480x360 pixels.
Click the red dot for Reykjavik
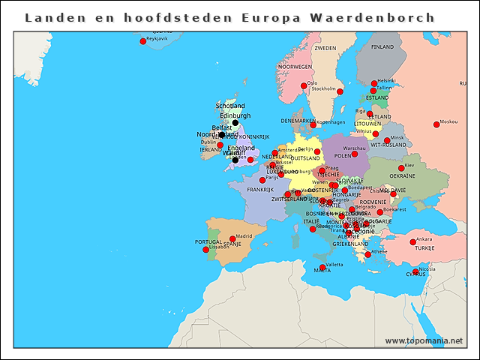(x=142, y=41)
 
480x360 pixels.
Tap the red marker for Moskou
(x=436, y=124)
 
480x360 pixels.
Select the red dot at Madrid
(x=232, y=239)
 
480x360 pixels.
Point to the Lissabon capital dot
(x=206, y=250)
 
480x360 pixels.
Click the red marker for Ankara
(x=412, y=241)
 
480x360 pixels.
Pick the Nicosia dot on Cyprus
(x=415, y=271)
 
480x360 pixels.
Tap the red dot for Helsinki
(x=374, y=83)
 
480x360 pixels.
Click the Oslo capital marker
(x=304, y=86)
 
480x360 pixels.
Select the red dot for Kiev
(x=401, y=168)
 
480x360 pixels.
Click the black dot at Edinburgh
(x=235, y=123)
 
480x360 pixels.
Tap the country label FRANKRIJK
(x=259, y=190)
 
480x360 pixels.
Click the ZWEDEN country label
(x=325, y=48)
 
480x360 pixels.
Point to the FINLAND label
(x=382, y=46)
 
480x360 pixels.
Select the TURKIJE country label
(x=424, y=248)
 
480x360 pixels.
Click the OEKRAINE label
(x=402, y=176)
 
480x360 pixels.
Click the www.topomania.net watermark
(x=424, y=341)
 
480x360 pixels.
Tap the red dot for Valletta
(x=322, y=268)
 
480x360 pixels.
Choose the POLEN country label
(x=341, y=154)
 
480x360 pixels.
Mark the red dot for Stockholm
(x=340, y=91)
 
